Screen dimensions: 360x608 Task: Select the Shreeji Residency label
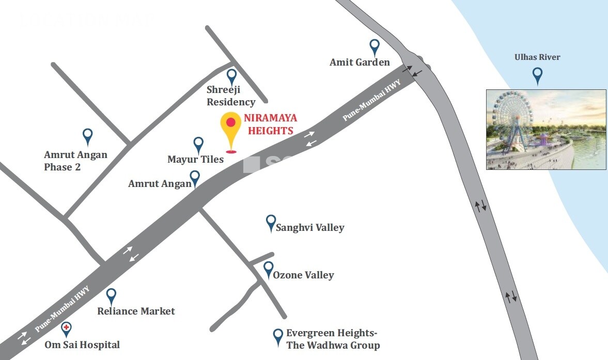231,96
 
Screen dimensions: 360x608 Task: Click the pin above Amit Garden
375,47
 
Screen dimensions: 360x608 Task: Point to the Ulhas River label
537,57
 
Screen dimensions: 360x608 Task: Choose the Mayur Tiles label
195,160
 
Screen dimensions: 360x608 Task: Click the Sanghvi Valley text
310,227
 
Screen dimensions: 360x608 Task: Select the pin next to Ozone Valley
269,269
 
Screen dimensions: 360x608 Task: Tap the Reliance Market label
136,311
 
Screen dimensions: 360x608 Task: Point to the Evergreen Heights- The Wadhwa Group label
333,339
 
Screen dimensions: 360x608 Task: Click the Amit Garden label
360,62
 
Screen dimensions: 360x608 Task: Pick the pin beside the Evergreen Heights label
278,336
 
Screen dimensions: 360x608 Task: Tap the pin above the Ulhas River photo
537,75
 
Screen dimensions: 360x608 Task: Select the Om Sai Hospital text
82,345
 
